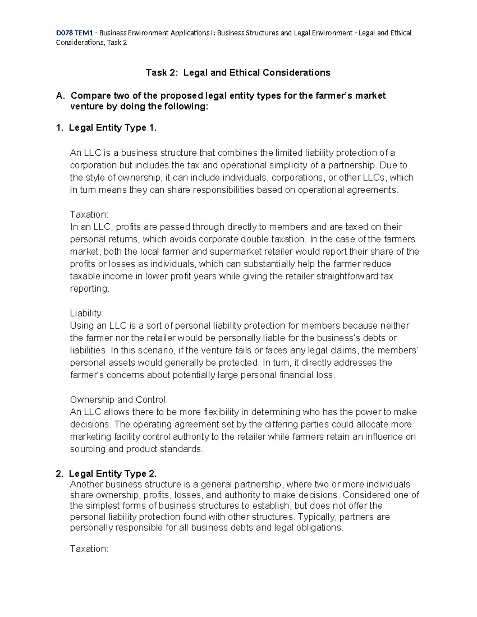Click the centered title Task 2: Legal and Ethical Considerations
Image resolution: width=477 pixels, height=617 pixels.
(238, 73)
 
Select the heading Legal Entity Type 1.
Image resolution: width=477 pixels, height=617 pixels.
(112, 128)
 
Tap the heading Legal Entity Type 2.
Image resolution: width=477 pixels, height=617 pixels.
(112, 474)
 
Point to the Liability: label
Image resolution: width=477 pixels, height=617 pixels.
(87, 313)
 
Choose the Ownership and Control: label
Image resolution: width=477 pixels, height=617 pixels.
(119, 400)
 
